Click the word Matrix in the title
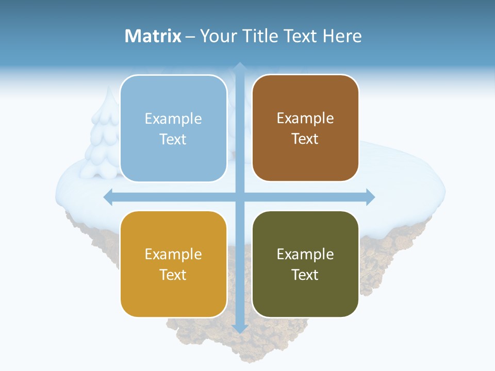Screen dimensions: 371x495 pos(153,36)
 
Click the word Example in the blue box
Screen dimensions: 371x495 pos(173,119)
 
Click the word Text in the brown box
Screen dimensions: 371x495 pos(305,139)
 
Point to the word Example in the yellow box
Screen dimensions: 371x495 pos(173,254)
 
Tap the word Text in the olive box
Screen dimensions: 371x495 pos(305,275)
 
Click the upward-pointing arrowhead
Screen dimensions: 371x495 pos(240,66)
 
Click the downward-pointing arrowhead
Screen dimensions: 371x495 pos(240,328)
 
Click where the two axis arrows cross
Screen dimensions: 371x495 pos(240,197)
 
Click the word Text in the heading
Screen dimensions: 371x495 pos(301,36)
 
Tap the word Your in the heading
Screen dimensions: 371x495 pos(218,36)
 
